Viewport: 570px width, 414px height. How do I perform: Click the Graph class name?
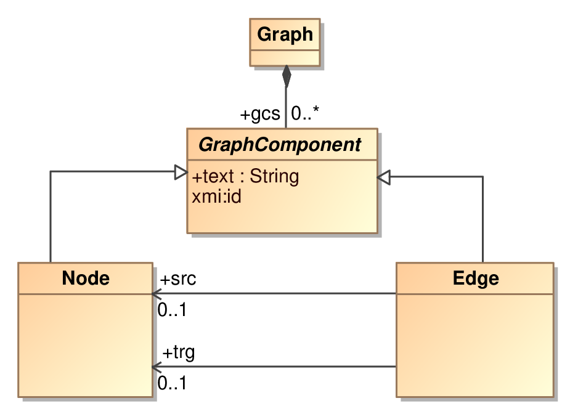(x=285, y=34)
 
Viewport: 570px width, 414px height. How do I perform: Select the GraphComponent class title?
(x=280, y=145)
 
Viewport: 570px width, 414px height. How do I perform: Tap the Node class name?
(x=86, y=278)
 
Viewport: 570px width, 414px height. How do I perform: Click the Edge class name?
(x=476, y=278)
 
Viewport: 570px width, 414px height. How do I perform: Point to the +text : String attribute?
(x=245, y=176)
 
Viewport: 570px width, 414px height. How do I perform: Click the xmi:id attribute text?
(x=217, y=197)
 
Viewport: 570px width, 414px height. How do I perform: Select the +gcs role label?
(x=260, y=114)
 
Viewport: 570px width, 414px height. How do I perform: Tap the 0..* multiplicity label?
(x=305, y=113)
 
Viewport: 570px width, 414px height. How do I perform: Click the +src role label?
(x=178, y=279)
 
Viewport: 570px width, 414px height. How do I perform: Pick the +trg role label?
(x=179, y=352)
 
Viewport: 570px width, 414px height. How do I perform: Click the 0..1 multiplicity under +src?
(x=173, y=310)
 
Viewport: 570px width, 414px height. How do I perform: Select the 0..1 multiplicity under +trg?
(x=173, y=383)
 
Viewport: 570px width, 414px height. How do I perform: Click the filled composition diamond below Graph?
(x=287, y=76)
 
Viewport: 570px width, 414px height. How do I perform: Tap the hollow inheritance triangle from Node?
(x=181, y=172)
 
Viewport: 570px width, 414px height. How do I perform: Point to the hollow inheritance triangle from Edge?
(x=384, y=177)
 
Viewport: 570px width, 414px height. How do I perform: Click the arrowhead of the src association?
(x=157, y=293)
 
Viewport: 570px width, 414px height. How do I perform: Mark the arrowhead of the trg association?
(x=157, y=367)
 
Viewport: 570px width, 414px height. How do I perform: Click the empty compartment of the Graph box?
(x=285, y=58)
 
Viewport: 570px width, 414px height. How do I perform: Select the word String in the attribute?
(x=274, y=176)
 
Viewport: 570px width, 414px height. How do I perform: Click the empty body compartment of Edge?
(x=474, y=345)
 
